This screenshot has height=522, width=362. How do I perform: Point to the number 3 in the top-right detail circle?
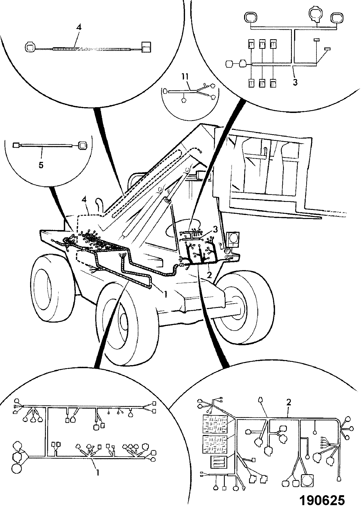[295, 82]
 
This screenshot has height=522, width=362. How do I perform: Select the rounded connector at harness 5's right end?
[82, 145]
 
